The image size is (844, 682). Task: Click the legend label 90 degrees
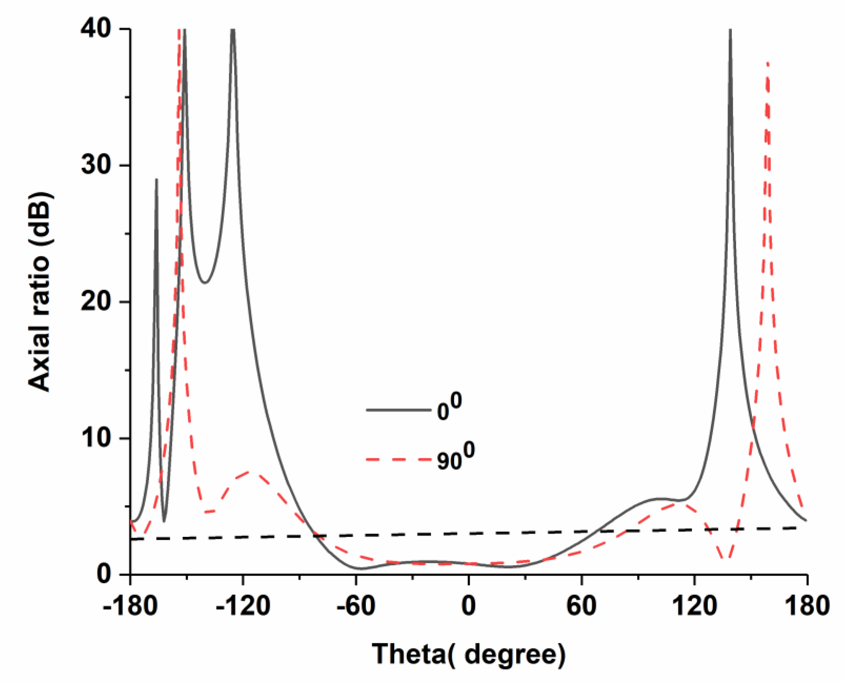coord(456,457)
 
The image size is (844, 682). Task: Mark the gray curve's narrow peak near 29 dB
coord(156,180)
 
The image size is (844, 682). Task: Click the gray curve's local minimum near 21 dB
coord(205,282)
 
